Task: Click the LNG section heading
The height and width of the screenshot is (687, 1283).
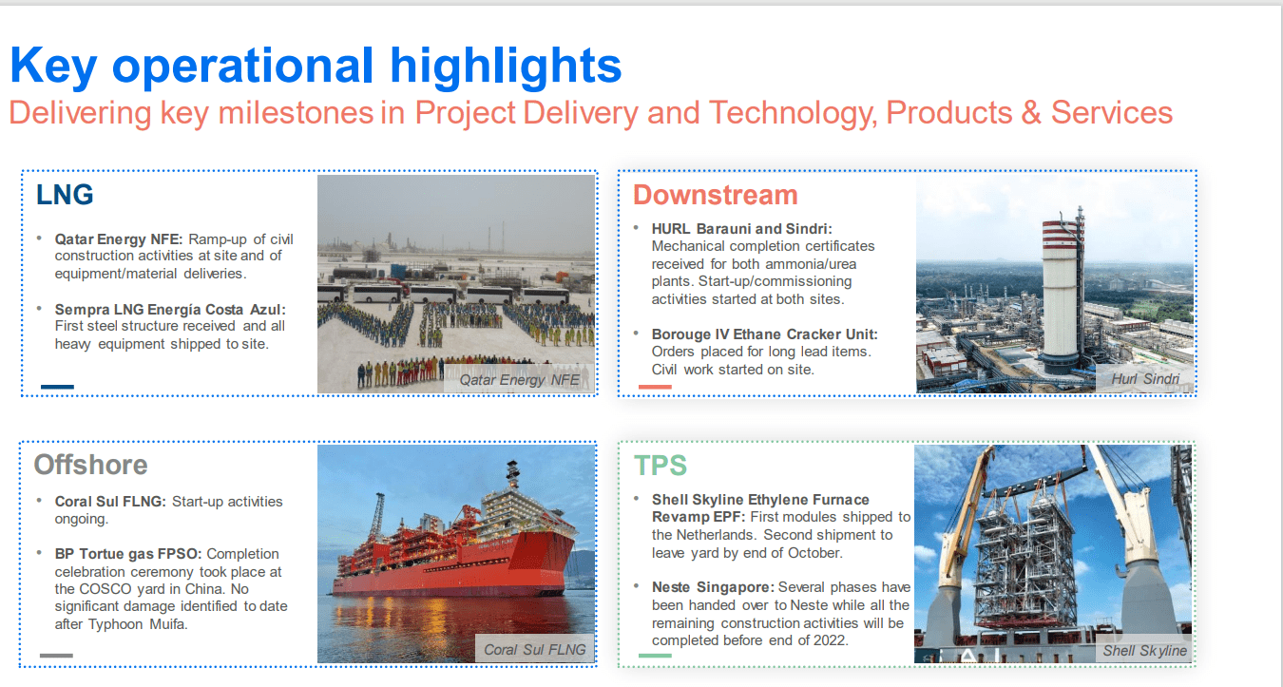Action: (x=65, y=195)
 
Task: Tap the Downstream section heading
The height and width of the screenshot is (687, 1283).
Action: (x=716, y=195)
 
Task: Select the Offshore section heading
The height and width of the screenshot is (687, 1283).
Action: (x=90, y=465)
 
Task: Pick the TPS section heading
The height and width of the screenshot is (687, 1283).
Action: (x=661, y=466)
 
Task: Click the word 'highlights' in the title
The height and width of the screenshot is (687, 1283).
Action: (x=506, y=66)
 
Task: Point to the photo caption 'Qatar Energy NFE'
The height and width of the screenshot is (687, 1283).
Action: (x=520, y=379)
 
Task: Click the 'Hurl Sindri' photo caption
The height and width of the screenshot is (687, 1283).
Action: (x=1145, y=379)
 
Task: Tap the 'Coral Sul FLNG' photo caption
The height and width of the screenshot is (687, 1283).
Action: (x=534, y=650)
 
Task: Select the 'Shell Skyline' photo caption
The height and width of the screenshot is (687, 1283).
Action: (x=1144, y=651)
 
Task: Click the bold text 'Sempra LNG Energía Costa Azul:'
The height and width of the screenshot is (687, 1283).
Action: (x=170, y=310)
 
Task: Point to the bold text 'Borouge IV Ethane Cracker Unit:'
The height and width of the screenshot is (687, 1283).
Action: (x=765, y=334)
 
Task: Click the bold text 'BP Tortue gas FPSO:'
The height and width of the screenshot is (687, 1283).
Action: (x=128, y=554)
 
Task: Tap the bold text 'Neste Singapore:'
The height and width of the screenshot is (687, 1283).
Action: (x=713, y=587)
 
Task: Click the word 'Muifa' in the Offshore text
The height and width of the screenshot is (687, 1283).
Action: (x=168, y=624)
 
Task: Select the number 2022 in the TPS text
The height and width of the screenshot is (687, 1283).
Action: (x=829, y=640)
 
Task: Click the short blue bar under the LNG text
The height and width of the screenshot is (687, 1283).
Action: (x=57, y=387)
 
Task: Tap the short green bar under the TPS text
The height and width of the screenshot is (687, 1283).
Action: (x=655, y=656)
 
